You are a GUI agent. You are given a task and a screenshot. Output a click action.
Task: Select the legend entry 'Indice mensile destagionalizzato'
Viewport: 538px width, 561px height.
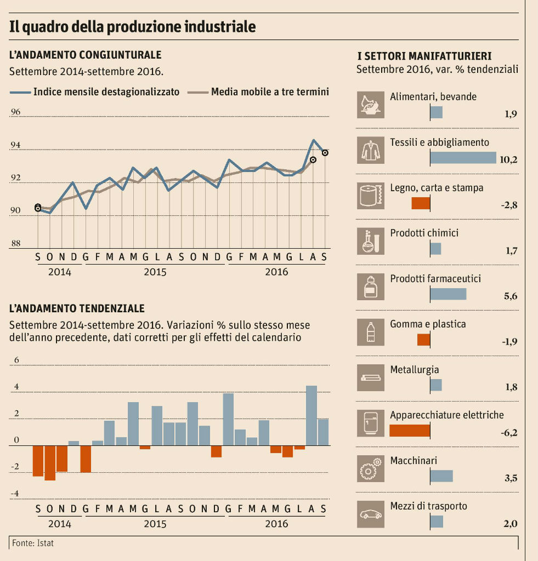tap(106, 92)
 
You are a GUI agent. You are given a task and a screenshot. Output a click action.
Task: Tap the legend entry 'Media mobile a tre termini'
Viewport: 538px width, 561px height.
tap(270, 92)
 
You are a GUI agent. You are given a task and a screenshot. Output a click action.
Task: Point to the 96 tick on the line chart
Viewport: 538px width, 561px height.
tap(15, 112)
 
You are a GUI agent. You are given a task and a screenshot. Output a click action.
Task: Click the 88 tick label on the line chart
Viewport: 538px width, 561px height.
tap(15, 244)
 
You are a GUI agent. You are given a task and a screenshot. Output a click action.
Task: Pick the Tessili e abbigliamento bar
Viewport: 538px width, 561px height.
tap(463, 158)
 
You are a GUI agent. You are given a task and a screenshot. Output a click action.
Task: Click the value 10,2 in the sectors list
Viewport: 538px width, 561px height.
tap(509, 160)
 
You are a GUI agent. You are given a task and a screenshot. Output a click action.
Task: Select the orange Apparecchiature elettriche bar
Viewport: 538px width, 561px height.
tap(410, 430)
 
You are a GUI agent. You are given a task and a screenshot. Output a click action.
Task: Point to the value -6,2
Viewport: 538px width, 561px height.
tap(509, 433)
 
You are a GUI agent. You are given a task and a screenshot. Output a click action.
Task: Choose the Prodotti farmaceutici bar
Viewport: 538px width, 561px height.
tap(448, 294)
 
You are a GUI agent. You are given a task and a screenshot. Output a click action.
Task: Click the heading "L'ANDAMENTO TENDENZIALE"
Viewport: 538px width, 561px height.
tap(77, 309)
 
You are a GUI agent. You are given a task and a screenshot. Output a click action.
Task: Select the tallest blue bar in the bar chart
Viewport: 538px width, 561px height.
tap(312, 415)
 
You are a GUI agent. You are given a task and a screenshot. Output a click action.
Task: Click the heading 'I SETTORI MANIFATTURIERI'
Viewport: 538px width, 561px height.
tap(424, 56)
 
